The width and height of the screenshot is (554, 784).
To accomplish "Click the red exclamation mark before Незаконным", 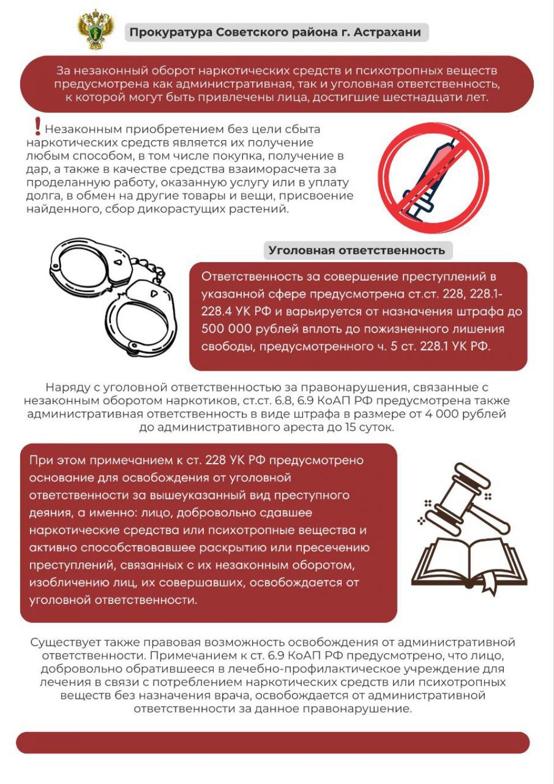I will tap(38, 126).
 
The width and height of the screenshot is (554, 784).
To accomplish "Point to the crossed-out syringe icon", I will tap(435, 177).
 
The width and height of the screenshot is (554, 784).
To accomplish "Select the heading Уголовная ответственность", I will tap(357, 251).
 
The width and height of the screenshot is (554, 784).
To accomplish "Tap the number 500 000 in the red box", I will tap(226, 329).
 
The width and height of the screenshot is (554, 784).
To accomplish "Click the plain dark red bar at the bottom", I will tap(272, 742).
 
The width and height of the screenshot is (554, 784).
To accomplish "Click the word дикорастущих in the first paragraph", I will tap(181, 209).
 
